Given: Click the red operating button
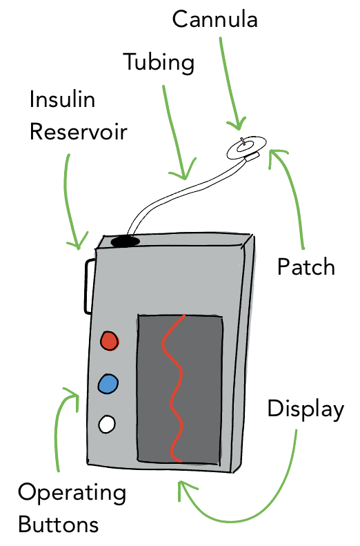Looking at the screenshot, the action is (109, 340).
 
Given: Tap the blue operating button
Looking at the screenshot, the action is (108, 384).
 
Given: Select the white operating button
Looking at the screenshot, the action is (107, 424).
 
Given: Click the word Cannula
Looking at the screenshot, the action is (214, 19).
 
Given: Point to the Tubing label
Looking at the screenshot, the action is (159, 63).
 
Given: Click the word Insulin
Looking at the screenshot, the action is (62, 99).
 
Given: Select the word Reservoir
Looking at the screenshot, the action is (78, 133).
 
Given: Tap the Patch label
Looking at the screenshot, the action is (306, 267).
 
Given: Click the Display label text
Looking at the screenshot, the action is (306, 409).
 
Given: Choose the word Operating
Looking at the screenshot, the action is (72, 494).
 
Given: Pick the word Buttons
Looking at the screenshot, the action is (59, 525).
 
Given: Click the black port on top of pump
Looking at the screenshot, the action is (126, 241).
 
